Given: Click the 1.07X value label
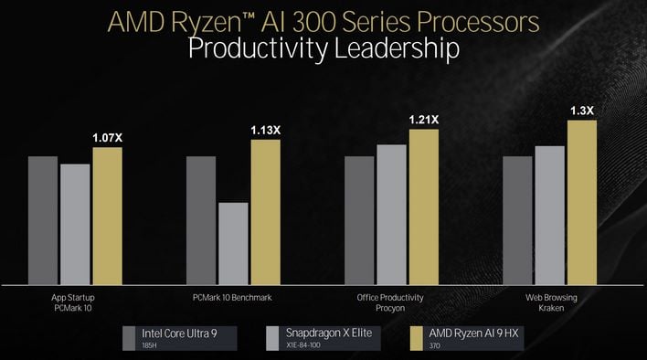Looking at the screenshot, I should [107, 138].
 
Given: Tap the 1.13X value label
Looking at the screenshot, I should [265, 130].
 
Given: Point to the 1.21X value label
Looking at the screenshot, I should [423, 120].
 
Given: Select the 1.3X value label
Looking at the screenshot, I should [582, 111].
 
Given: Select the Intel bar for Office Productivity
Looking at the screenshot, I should [359, 219].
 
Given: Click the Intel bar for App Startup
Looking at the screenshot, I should [43, 219].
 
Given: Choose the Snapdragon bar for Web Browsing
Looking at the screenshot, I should [550, 214].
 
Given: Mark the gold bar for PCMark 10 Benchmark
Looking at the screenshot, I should [265, 211].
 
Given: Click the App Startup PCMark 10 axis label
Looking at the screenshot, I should [74, 303].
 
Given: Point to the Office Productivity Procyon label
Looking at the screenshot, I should [391, 303].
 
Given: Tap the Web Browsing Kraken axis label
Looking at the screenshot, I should [551, 303].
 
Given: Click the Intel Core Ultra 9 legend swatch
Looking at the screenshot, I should [130, 337].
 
